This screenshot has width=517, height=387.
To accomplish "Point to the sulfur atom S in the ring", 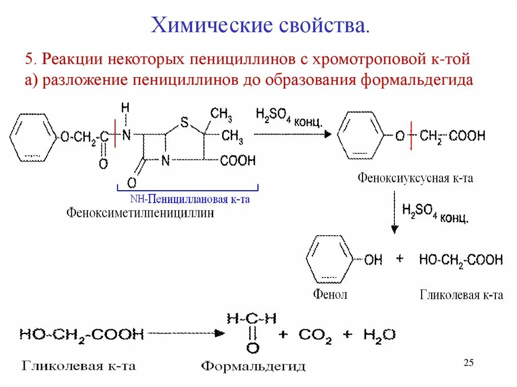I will coord(184,122).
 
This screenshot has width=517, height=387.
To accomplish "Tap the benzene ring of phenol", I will coord(328,260).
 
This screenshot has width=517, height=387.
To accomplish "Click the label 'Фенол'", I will coord(330,295).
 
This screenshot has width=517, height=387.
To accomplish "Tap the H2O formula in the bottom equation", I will coord(379,335).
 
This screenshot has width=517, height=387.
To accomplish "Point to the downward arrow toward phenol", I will coord(395,214).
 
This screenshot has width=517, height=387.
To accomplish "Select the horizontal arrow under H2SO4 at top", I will coord(292,134).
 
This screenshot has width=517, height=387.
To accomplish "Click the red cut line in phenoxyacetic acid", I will coord(411,135).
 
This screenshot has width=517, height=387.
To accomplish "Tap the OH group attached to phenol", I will coord(373,260).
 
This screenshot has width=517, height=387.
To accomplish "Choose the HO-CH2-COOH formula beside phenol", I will coord(460,260).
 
